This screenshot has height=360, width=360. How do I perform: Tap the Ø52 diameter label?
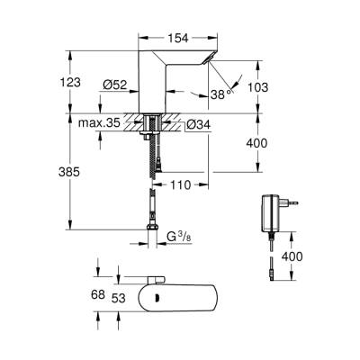(x=113, y=84)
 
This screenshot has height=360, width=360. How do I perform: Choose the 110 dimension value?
(x=182, y=185)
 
